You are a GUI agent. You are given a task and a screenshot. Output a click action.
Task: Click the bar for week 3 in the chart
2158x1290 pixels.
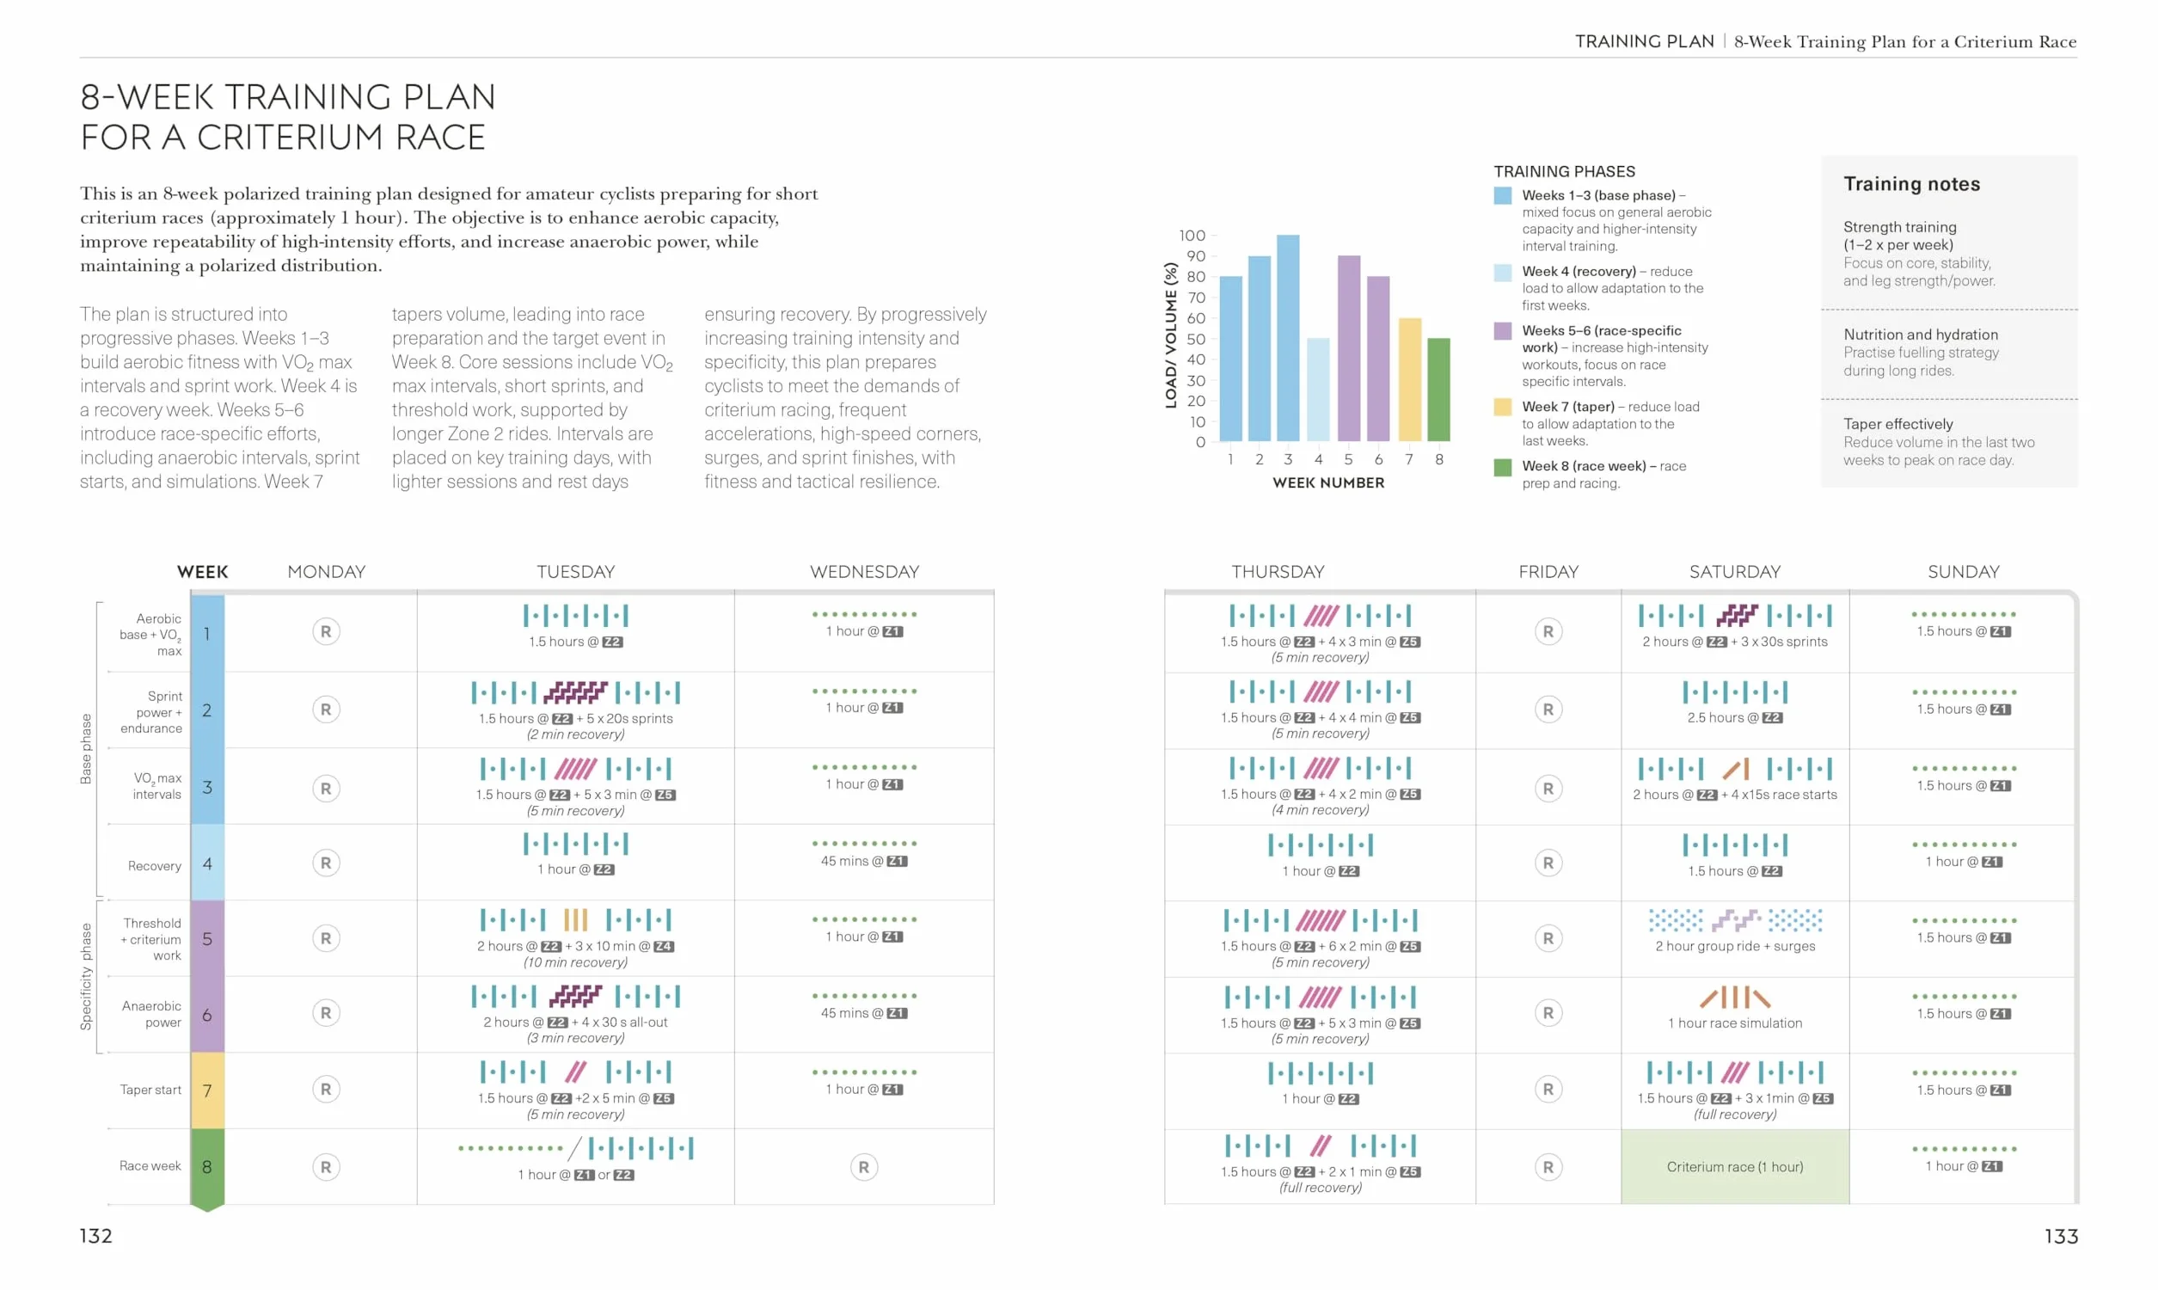(1288, 337)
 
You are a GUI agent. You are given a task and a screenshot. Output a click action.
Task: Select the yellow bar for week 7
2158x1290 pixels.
(1409, 379)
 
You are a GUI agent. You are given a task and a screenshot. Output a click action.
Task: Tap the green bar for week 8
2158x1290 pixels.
(1438, 390)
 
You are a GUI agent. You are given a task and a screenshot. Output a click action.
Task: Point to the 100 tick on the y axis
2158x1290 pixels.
(1192, 236)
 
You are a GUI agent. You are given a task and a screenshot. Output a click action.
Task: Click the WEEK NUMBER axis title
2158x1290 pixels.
(1328, 482)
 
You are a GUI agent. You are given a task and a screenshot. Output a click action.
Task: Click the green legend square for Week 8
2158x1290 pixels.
(1502, 467)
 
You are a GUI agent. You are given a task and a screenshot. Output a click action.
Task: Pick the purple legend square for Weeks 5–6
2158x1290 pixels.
(1502, 331)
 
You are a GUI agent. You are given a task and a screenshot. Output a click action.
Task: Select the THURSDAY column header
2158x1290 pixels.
(1278, 571)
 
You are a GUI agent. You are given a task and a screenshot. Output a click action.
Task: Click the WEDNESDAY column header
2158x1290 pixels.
(864, 571)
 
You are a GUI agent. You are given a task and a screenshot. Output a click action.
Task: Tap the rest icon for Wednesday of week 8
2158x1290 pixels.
(863, 1166)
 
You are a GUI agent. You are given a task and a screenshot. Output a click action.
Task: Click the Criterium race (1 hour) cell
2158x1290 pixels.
(1735, 1166)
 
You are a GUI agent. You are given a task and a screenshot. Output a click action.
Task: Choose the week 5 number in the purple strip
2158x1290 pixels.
(206, 939)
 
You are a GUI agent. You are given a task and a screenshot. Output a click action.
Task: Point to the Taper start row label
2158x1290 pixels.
(150, 1090)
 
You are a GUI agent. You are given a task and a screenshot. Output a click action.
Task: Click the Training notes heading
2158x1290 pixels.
(1912, 184)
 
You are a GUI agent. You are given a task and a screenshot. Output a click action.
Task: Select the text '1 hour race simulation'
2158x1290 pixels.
(1735, 1023)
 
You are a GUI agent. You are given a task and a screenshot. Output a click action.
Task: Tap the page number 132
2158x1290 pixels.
(95, 1236)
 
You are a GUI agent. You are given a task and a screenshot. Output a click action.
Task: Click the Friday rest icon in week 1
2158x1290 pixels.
(1548, 632)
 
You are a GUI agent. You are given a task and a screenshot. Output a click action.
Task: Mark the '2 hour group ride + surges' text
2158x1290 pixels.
(1735, 946)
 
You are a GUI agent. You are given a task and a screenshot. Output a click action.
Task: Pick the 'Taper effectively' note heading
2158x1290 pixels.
(1898, 424)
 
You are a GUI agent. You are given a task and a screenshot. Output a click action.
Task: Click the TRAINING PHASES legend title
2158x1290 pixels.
(1564, 171)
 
